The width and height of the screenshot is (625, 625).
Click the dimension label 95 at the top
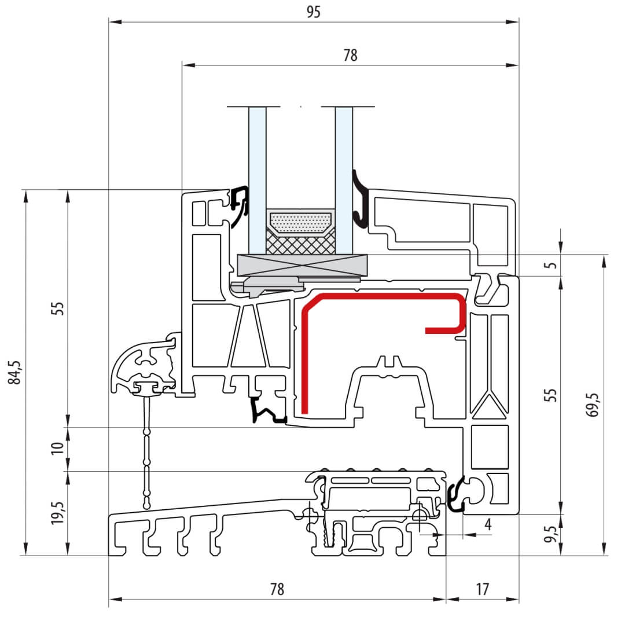(x=313, y=12)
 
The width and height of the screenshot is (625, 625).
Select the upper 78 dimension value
(x=350, y=55)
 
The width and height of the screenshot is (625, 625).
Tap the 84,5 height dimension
(x=14, y=372)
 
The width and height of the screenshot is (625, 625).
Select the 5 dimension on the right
(x=552, y=265)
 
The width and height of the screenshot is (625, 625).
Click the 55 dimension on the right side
(x=550, y=395)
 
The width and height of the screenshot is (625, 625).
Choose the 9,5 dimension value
(x=550, y=534)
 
